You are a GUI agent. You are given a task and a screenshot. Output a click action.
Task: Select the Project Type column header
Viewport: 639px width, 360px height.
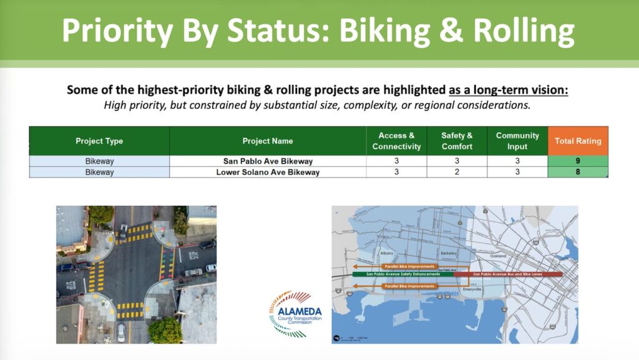[99, 141]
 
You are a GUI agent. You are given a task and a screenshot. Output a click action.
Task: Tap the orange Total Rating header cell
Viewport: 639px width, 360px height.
[578, 141]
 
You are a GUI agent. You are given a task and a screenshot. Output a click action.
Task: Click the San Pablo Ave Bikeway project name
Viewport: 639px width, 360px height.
[268, 161]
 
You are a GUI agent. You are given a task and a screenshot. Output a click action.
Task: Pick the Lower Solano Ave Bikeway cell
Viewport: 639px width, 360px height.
[268, 172]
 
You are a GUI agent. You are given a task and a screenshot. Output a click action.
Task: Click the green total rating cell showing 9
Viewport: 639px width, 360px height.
[578, 161]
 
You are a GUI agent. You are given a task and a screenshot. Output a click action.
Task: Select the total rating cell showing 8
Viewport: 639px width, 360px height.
[578, 172]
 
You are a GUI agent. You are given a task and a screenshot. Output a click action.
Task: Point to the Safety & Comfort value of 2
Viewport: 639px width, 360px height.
[457, 172]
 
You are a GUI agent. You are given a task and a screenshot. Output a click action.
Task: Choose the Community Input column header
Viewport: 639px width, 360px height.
[517, 141]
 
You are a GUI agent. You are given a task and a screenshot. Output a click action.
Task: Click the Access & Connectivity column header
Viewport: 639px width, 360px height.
[396, 141]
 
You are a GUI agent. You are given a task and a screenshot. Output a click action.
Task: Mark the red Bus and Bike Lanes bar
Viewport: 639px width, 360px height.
[508, 274]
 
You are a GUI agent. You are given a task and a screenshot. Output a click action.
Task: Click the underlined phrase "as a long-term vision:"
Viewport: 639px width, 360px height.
[509, 90]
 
